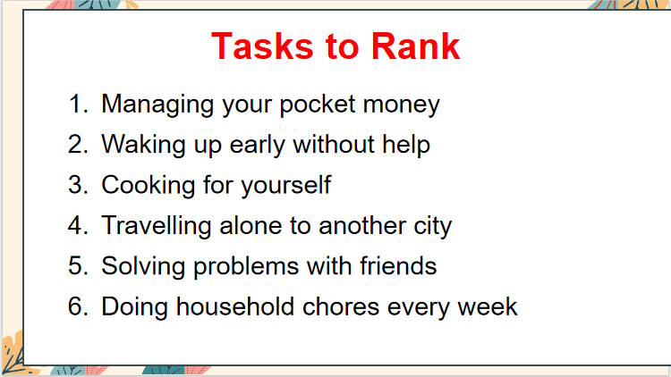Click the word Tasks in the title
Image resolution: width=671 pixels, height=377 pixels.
point(254,46)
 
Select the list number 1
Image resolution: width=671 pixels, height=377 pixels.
point(77,104)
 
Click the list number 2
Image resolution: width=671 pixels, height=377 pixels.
point(77,144)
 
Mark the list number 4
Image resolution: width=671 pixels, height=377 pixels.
point(77,225)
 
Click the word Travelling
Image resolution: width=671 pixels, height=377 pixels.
point(157,226)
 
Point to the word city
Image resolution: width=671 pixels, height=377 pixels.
point(430,226)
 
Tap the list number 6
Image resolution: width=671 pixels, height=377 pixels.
point(77,306)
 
